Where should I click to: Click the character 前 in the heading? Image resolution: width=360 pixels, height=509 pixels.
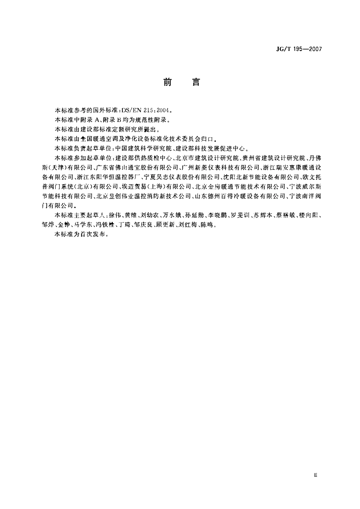pos(167,82)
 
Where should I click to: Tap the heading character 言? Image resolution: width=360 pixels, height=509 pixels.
pos(196,82)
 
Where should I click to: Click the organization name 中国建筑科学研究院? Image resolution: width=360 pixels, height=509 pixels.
pos(144,148)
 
